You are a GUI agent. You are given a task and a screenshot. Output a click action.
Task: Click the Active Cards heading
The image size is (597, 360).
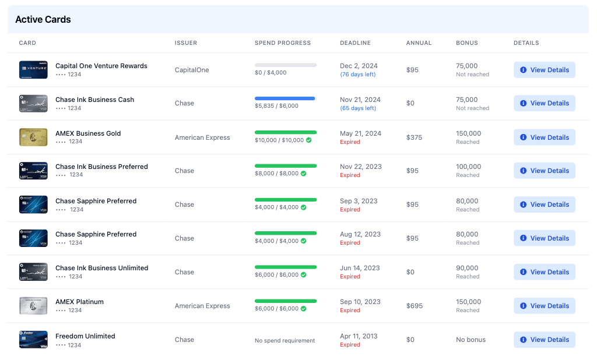[x=43, y=19]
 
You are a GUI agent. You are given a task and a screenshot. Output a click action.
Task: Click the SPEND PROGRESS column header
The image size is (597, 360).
[x=283, y=43]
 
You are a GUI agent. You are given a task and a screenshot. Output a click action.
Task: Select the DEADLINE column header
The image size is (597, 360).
[x=355, y=43]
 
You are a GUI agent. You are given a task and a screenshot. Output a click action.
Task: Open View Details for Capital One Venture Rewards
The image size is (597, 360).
[x=544, y=70]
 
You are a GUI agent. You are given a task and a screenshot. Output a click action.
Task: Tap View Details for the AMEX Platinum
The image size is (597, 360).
[x=544, y=306]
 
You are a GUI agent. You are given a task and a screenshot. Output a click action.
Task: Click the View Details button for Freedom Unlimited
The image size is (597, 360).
[x=544, y=340]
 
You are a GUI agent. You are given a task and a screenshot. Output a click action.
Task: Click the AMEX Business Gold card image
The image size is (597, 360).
[x=33, y=137]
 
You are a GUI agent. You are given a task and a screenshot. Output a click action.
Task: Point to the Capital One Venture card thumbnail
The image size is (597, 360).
[x=33, y=70]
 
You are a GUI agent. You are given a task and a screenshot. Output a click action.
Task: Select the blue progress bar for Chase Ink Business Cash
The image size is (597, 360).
[x=285, y=98]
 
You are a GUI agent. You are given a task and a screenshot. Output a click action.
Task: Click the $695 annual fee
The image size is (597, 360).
[x=415, y=306]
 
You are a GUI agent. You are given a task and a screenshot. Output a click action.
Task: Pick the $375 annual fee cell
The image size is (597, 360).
[x=415, y=137]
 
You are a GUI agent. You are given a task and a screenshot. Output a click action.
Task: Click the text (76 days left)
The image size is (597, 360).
[x=358, y=75]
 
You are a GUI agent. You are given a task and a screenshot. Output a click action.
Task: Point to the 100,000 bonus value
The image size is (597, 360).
[x=469, y=167]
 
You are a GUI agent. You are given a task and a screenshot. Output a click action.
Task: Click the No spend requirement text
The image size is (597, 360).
[x=285, y=340]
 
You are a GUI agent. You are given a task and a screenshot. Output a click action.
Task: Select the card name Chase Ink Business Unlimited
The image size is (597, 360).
[x=101, y=268]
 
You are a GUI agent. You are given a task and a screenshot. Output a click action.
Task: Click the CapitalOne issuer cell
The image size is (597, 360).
[x=192, y=70]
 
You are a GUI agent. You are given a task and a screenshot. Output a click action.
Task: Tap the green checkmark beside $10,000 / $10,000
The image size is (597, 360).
[x=309, y=140]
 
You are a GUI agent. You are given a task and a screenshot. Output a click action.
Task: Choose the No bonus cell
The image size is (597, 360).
[x=470, y=340]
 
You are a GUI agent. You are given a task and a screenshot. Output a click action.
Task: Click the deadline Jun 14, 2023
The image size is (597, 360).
[x=360, y=268]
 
